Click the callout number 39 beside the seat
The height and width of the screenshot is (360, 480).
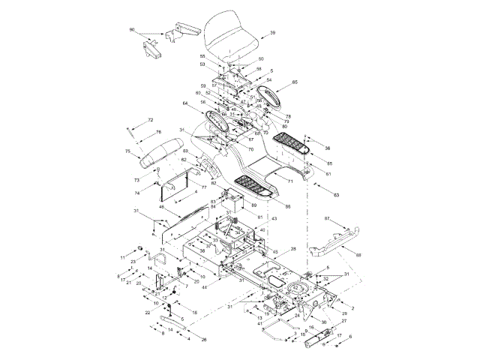272,33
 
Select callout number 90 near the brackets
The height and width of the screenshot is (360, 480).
132,30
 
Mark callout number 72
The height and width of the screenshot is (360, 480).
150,121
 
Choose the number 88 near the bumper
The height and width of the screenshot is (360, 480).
358,256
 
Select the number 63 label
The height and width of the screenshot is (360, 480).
336,195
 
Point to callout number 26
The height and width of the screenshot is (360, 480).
204,340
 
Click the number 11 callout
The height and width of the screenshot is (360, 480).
122,257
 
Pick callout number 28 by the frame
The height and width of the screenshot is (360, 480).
293,248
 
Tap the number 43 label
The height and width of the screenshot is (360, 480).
274,218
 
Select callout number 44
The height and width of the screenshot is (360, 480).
204,286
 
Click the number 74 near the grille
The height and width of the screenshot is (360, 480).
137,193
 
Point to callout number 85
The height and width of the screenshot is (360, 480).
329,163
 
